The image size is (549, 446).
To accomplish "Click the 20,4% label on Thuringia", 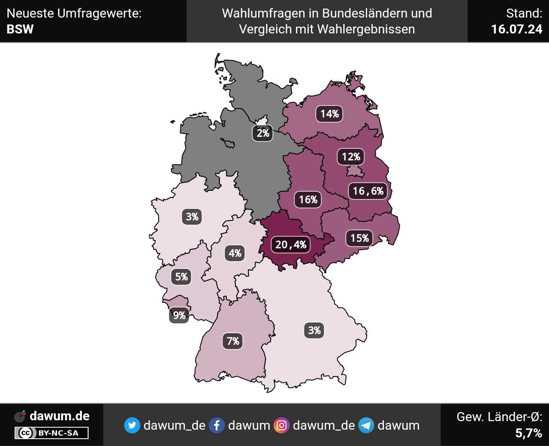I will click(291, 244).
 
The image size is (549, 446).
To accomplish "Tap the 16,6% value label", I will click(368, 191).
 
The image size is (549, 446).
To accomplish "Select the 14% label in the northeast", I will click(329, 114).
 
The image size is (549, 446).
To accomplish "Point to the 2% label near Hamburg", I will click(262, 133).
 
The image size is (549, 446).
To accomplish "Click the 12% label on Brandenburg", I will click(351, 157).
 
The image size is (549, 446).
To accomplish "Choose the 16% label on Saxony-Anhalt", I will click(308, 199).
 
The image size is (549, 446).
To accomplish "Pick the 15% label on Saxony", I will click(359, 238).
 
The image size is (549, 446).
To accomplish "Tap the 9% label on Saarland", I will click(179, 316).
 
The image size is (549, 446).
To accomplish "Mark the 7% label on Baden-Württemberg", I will click(233, 341).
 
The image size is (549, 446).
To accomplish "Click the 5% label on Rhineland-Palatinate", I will click(181, 277).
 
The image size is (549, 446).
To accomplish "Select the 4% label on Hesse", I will click(235, 253).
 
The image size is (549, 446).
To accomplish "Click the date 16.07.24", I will click(516, 29).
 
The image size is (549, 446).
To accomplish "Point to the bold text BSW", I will click(20, 29).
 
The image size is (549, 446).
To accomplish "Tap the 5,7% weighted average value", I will click(528, 433).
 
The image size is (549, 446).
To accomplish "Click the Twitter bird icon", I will click(132, 425).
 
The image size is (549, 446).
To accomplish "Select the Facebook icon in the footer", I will click(217, 425).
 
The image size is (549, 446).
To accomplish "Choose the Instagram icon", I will click(282, 425).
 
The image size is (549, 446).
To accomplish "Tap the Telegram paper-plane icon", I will click(366, 425).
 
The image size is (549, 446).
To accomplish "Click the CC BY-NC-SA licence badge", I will click(51, 433).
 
